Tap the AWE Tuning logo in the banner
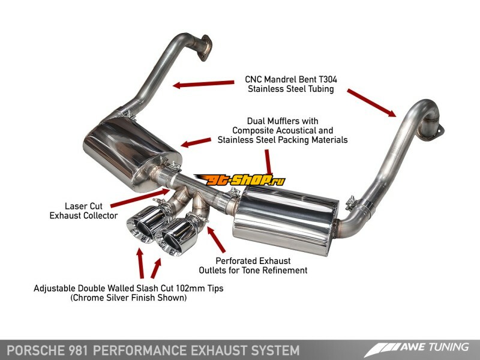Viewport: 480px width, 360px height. (420, 347)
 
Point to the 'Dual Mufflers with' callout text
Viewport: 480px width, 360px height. (275, 121)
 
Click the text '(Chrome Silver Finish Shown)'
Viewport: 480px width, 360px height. (128, 298)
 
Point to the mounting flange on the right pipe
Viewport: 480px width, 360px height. (436, 126)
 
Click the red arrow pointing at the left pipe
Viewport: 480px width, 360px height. (203, 83)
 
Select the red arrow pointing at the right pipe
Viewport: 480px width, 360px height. (372, 101)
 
